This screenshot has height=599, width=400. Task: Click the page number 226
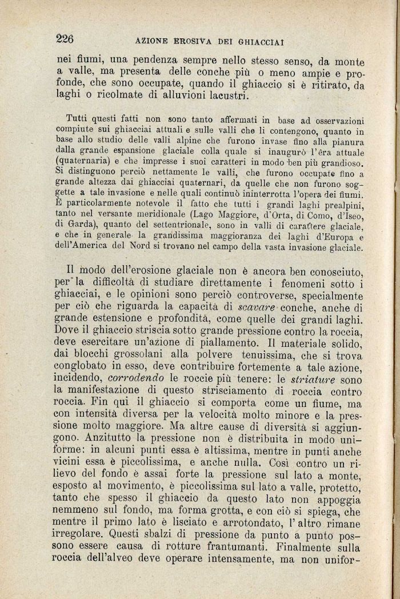click(x=66, y=39)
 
